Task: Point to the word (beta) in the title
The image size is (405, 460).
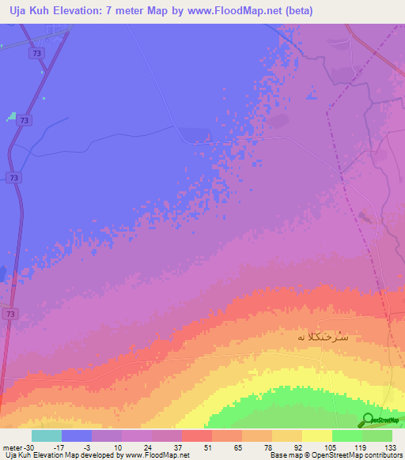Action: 298,11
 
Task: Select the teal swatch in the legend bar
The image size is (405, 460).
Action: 47,435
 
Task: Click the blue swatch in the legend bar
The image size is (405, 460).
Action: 77,435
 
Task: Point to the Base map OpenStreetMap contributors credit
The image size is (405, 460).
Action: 335,455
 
